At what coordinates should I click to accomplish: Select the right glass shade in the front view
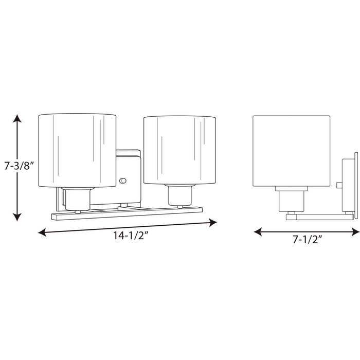[179, 150]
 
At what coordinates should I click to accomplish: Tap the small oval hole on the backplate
[122, 181]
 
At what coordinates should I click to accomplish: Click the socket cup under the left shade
[77, 199]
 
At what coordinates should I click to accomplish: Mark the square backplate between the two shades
[129, 170]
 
